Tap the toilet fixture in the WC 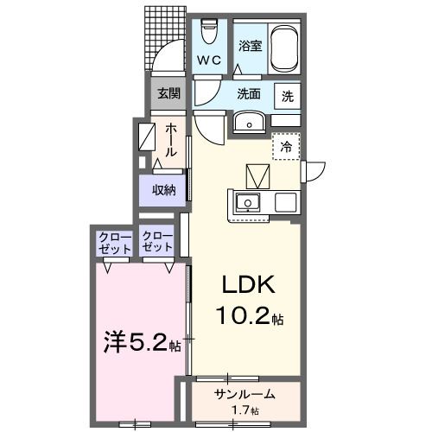208,33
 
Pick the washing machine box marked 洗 287,96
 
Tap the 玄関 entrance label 169,93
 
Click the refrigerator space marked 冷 285,147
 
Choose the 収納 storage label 165,189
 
